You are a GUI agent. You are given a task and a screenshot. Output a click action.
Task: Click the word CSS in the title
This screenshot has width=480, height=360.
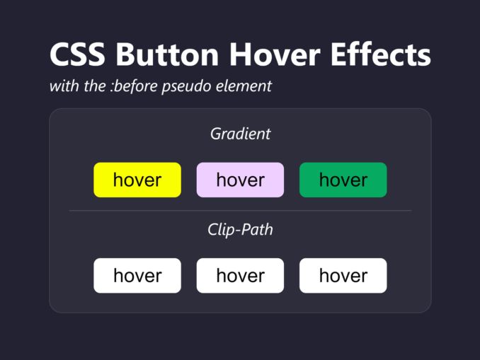[78, 55]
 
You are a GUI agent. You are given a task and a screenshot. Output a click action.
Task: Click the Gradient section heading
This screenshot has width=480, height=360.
[240, 133]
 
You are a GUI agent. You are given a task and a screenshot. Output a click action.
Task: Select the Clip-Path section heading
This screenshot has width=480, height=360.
[240, 230]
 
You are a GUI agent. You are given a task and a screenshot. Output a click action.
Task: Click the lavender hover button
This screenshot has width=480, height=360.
[240, 180]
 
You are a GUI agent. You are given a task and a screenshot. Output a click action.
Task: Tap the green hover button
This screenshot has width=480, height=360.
[343, 180]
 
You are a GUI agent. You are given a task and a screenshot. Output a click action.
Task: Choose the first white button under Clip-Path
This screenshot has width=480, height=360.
[137, 275]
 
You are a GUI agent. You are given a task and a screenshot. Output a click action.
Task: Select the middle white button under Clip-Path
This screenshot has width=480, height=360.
[240, 275]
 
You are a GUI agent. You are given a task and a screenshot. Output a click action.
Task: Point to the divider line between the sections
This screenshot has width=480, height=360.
[240, 211]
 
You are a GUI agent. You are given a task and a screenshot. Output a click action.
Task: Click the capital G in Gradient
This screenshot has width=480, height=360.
[215, 133]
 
